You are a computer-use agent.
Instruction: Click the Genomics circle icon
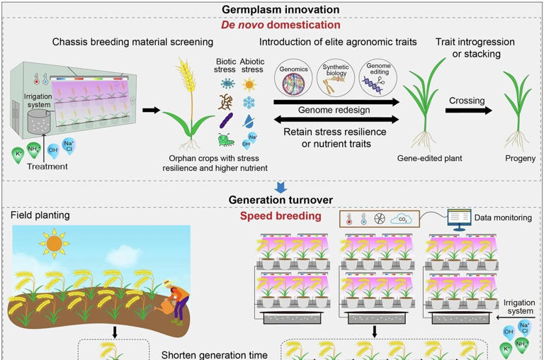(x=294, y=79)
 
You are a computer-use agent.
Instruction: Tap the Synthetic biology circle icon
(x=335, y=79)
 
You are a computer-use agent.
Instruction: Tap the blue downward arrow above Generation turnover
(x=281, y=187)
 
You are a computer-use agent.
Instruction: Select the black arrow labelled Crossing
(x=469, y=111)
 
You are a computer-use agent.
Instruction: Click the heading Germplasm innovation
(x=280, y=9)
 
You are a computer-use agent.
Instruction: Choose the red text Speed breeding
(x=281, y=216)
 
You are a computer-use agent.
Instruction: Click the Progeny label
(x=521, y=159)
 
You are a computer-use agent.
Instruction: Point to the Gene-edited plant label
(x=430, y=159)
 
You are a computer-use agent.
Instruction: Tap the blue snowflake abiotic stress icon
(x=249, y=103)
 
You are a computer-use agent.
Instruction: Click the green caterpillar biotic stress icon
(x=226, y=140)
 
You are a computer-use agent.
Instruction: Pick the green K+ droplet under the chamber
(x=18, y=154)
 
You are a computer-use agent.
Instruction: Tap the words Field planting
(x=40, y=215)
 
